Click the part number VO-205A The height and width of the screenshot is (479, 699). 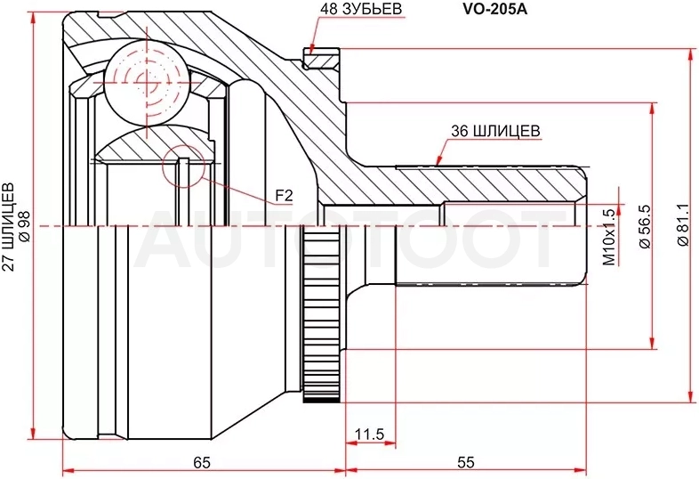[x=494, y=10]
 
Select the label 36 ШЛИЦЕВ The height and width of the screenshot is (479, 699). [x=495, y=131]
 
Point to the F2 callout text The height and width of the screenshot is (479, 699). [x=284, y=196]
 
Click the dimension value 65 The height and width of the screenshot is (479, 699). [x=202, y=462]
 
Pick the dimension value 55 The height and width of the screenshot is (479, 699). [x=466, y=462]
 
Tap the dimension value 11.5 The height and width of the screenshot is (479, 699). [x=370, y=434]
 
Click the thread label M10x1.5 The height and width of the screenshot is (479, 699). [x=609, y=237]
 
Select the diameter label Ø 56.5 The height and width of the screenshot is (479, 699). [x=646, y=227]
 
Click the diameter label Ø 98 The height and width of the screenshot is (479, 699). [x=25, y=226]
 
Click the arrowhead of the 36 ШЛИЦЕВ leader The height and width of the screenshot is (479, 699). [x=438, y=160]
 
